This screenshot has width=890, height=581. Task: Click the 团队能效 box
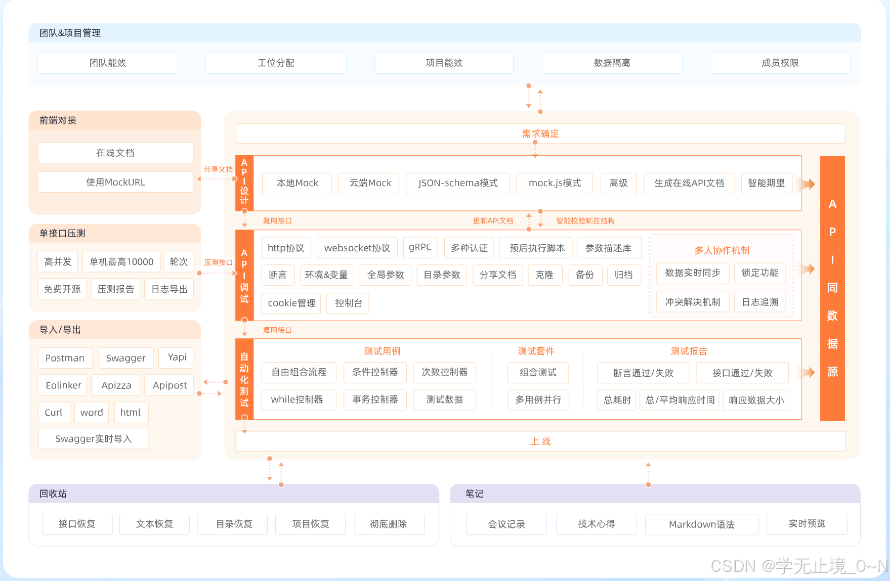tap(107, 63)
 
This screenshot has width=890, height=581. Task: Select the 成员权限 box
tap(780, 63)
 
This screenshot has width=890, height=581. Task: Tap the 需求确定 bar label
tap(540, 133)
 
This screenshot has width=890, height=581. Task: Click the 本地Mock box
tap(297, 183)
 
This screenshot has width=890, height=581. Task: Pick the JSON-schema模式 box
tap(457, 183)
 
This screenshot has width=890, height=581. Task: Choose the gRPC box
tap(420, 247)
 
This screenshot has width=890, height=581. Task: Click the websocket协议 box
tap(357, 248)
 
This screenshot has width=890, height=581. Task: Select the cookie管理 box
tap(291, 303)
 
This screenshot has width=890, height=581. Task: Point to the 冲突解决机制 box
tap(692, 302)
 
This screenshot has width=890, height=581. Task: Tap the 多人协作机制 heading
tap(722, 250)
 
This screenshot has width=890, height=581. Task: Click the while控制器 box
tap(297, 399)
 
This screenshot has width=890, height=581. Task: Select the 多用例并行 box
tap(538, 400)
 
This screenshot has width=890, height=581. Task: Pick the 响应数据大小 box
tap(756, 400)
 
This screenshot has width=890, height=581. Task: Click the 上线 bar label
tap(540, 441)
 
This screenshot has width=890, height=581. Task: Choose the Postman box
tap(65, 358)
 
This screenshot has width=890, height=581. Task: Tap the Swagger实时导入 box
tap(93, 438)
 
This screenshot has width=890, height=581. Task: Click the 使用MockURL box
tap(115, 182)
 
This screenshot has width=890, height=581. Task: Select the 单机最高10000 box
tap(121, 261)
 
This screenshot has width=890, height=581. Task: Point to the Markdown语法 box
tap(701, 524)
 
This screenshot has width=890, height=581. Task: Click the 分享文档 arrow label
tap(218, 169)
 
